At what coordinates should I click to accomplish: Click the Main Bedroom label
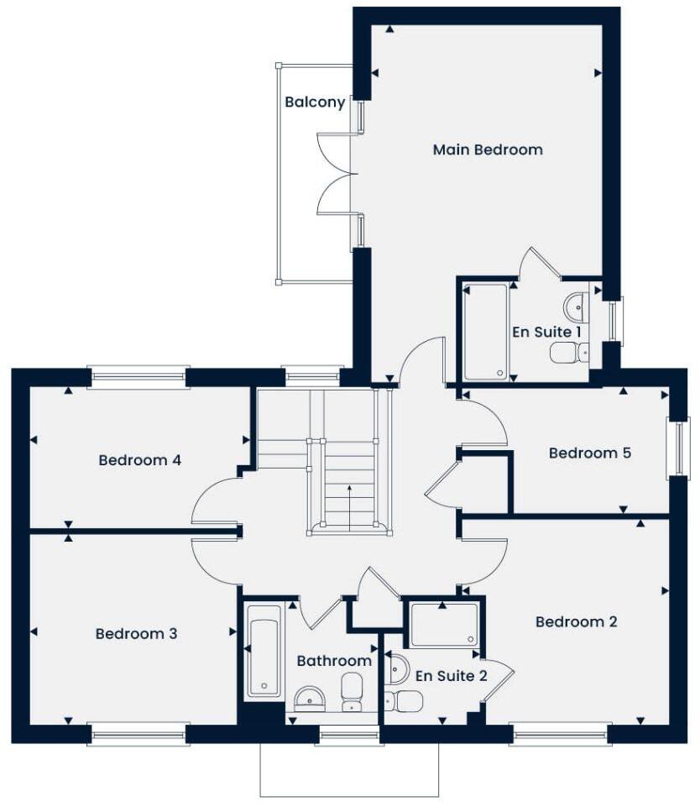488,149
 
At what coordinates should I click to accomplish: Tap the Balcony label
315,102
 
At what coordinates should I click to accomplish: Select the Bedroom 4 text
140,460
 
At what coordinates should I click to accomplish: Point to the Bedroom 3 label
136,633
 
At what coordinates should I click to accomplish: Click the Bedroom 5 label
589,453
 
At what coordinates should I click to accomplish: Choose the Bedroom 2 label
576,621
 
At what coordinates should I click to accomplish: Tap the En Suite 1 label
547,332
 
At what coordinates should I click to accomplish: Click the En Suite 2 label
451,675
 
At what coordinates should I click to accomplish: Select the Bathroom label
334,661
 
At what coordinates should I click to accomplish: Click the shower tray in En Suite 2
444,625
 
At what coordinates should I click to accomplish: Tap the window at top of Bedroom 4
138,377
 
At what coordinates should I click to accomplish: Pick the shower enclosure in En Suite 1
486,332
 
